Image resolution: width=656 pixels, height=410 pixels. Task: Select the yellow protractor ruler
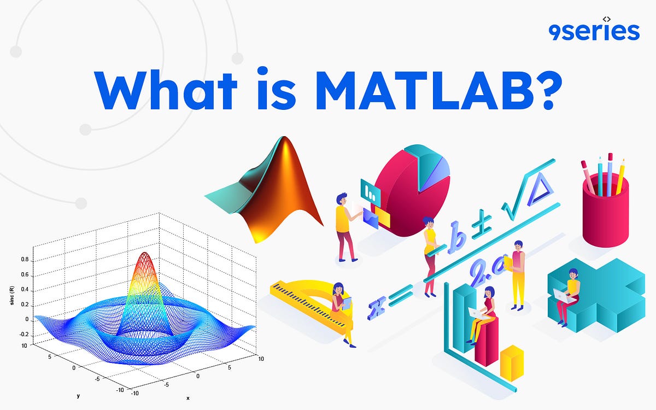pos(312,303)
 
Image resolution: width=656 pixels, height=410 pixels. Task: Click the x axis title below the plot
pos(188,398)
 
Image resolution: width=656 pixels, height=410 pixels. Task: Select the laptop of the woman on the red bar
pos(474,313)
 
